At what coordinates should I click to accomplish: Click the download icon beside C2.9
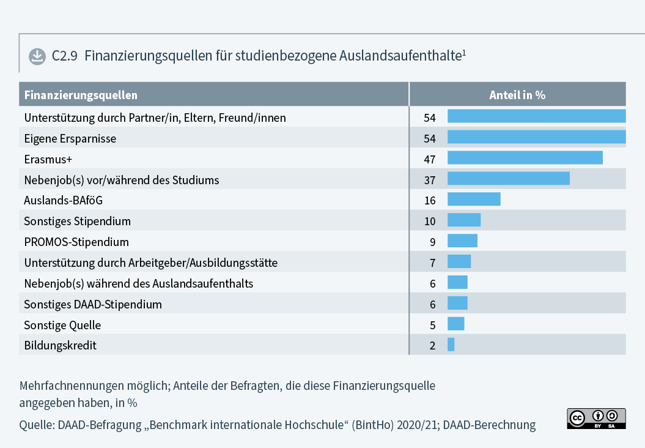tap(37, 56)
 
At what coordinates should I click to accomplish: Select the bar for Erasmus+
tap(525, 159)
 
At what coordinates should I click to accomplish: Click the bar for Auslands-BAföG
tap(474, 200)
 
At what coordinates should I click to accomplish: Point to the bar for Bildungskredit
tap(451, 345)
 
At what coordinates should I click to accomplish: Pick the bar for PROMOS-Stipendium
tap(462, 241)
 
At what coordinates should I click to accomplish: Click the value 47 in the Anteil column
tap(429, 159)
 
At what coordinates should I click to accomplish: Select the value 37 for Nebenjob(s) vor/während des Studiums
tap(429, 180)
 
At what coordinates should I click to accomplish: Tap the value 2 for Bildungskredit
tap(432, 345)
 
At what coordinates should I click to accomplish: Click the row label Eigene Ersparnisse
tap(70, 139)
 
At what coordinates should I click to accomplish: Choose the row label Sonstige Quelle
tap(62, 325)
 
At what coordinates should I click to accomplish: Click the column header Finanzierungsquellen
tap(81, 95)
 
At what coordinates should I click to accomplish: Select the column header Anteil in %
tap(517, 95)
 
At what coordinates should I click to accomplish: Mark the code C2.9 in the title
tap(64, 56)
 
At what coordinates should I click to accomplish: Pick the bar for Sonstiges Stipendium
tap(464, 220)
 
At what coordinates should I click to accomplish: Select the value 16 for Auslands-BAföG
tap(429, 200)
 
